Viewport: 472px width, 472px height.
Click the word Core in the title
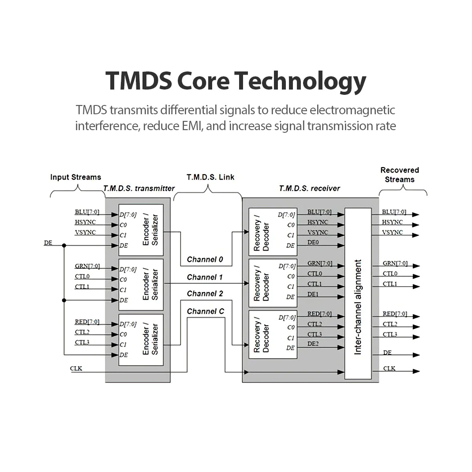pyautogui.click(x=203, y=81)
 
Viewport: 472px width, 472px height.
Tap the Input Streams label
pyautogui.click(x=75, y=177)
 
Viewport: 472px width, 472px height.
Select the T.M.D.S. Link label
pyautogui.click(x=210, y=177)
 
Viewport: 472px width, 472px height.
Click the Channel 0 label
pyautogui.click(x=205, y=259)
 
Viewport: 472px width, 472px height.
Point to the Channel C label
pyautogui.click(x=206, y=311)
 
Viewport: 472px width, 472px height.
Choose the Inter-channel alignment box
pyautogui.click(x=358, y=293)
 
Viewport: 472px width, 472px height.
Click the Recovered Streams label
pyautogui.click(x=400, y=175)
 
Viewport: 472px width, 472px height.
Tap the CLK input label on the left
pyautogui.click(x=76, y=368)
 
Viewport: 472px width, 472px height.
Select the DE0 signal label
pyautogui.click(x=313, y=242)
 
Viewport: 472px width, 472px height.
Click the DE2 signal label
pyautogui.click(x=313, y=344)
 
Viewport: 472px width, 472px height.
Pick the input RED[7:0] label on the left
pyautogui.click(x=87, y=322)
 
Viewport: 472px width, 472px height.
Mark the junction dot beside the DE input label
pyautogui.click(x=64, y=246)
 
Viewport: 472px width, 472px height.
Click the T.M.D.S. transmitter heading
pyautogui.click(x=139, y=188)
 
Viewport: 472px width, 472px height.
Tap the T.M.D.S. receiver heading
pyautogui.click(x=310, y=188)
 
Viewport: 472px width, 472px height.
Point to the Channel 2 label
pyautogui.click(x=205, y=293)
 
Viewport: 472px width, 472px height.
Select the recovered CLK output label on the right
pyautogui.click(x=389, y=368)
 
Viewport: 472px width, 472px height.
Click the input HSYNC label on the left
pyautogui.click(x=86, y=222)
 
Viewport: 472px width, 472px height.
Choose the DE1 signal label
pyautogui.click(x=313, y=294)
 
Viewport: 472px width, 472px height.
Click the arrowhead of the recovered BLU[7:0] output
pyautogui.click(x=416, y=215)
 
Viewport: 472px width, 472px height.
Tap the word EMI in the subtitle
pyautogui.click(x=192, y=126)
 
